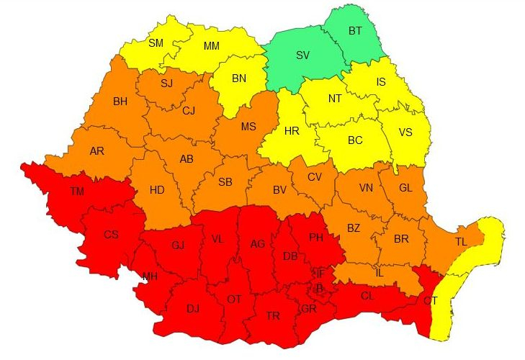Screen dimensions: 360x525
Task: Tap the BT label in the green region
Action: tap(355, 31)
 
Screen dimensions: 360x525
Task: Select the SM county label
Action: tap(156, 42)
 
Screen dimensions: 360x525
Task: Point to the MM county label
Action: tap(211, 47)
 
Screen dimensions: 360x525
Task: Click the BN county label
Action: tap(238, 77)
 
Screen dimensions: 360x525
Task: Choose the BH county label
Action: tap(120, 102)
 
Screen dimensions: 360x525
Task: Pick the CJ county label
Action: tap(189, 111)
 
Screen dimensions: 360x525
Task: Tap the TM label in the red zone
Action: tap(77, 192)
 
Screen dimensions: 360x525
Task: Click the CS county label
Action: tap(111, 234)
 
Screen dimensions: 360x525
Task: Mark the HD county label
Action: tap(157, 190)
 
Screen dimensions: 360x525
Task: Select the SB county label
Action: tap(225, 181)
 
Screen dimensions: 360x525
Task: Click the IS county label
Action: tap(381, 82)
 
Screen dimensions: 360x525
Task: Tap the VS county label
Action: tap(405, 132)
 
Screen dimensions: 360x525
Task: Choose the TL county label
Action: tap(461, 241)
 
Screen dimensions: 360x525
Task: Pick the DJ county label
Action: tap(193, 309)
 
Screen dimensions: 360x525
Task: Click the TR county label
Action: tap(272, 316)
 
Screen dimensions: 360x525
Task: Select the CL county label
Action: tap(367, 296)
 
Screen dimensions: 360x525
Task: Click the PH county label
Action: tap(316, 238)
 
